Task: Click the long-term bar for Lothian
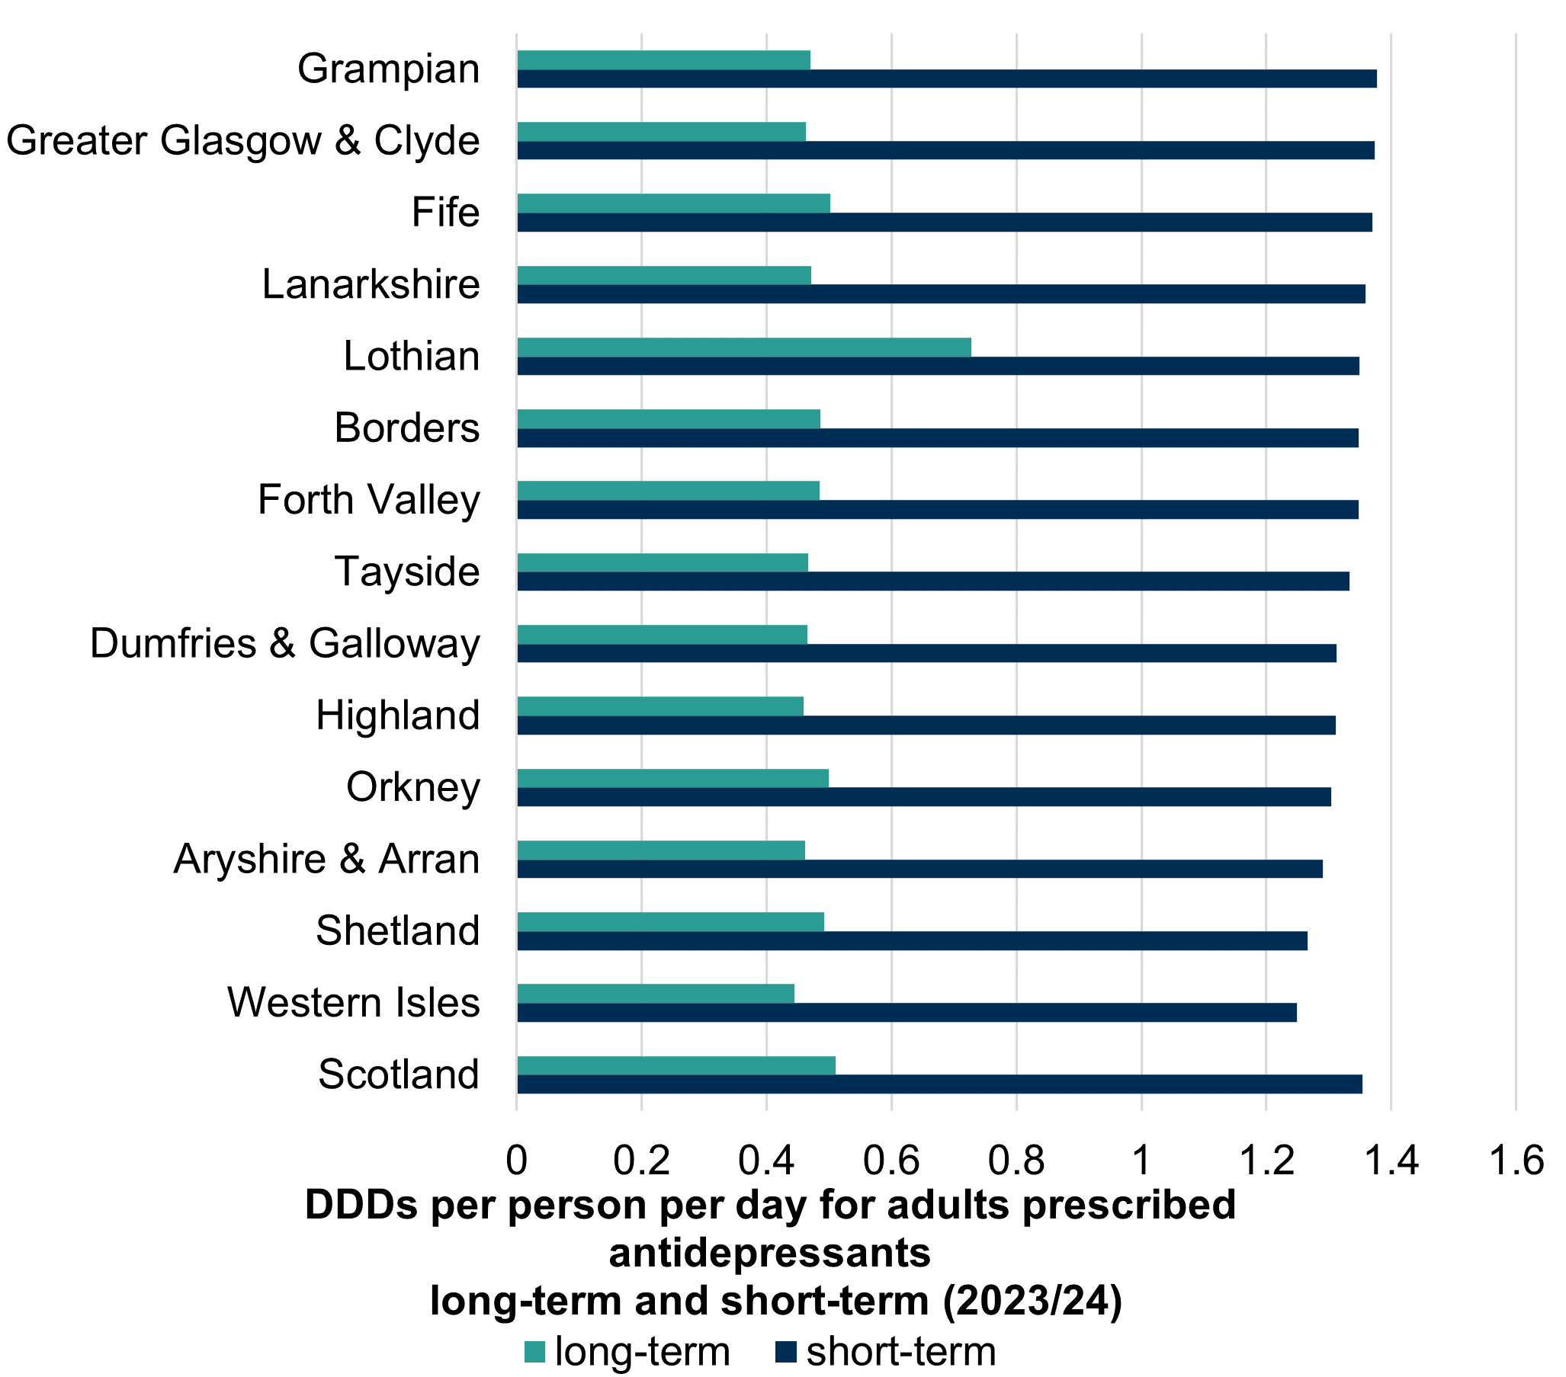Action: pos(743,347)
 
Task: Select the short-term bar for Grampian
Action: pos(946,79)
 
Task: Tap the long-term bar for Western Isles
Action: pos(655,993)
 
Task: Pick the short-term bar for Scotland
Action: pos(939,1084)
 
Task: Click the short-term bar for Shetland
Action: pos(912,940)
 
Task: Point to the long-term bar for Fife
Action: pos(672,203)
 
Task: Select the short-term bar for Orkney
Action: pos(923,796)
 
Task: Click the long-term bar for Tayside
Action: pos(662,562)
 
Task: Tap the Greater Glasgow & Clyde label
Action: pos(243,141)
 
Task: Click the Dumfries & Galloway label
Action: pos(284,643)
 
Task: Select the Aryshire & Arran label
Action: pos(326,859)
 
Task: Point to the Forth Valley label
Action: pos(368,500)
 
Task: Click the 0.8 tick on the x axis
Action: pos(1016,1161)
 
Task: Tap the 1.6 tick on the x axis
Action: pos(1516,1161)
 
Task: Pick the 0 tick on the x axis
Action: pos(517,1161)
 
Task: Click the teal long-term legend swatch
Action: pos(534,1352)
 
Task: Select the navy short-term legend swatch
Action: pos(786,1352)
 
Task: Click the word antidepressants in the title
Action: pos(769,1254)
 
